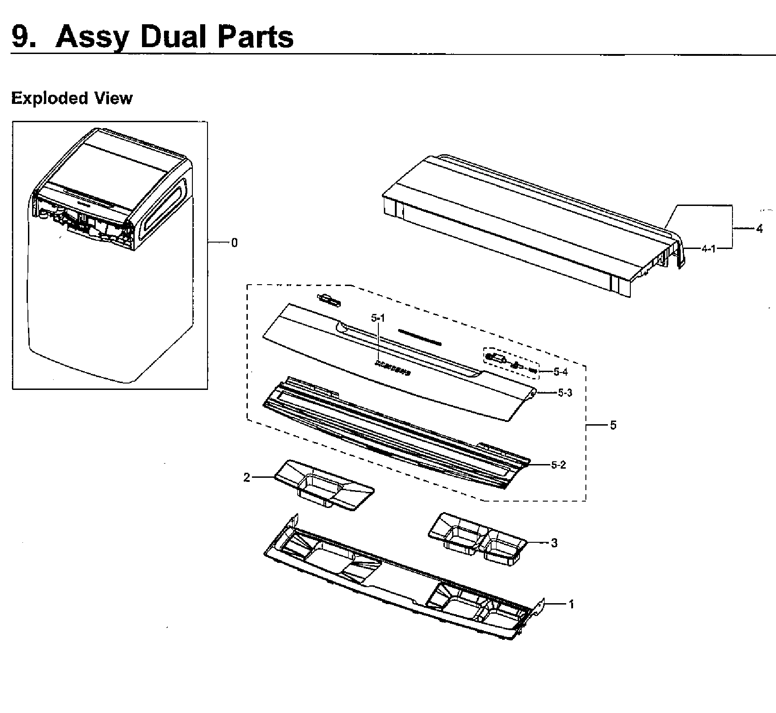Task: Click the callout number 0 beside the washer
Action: tap(235, 243)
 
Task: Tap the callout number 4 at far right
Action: tap(759, 229)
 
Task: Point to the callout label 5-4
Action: tap(560, 372)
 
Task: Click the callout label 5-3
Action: tap(565, 393)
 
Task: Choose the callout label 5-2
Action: tap(558, 465)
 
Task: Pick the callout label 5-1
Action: tap(378, 317)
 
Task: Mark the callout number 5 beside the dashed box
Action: tap(613, 425)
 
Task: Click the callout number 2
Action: tap(247, 478)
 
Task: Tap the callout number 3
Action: tap(554, 543)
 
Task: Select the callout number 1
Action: tap(571, 604)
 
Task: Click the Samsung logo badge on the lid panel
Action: tap(393, 368)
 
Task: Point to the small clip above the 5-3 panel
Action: tap(329, 300)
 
